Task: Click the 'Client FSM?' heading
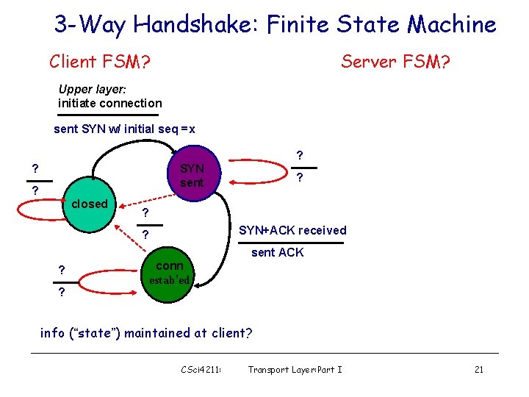pyautogui.click(x=100, y=62)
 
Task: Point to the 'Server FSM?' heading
pyautogui.click(x=395, y=62)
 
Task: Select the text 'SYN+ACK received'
pyautogui.click(x=292, y=230)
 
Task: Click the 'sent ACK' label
pyautogui.click(x=277, y=252)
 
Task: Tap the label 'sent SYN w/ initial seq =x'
pyautogui.click(x=125, y=129)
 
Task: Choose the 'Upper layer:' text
pyautogui.click(x=93, y=89)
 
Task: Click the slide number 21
pyautogui.click(x=478, y=369)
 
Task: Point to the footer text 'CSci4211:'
pyautogui.click(x=201, y=369)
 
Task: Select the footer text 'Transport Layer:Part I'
pyautogui.click(x=295, y=369)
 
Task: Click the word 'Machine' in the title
pyautogui.click(x=452, y=25)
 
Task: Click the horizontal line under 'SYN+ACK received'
pyautogui.click(x=292, y=241)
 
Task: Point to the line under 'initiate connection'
pyautogui.click(x=108, y=115)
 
